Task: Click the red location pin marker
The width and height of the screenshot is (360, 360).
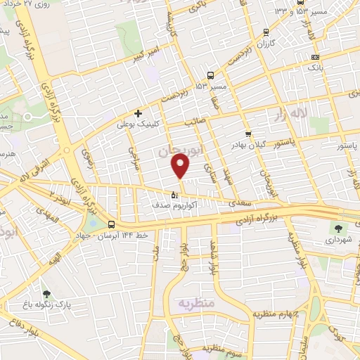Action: coord(181,167)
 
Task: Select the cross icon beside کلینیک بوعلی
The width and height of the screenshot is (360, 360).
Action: coord(138,112)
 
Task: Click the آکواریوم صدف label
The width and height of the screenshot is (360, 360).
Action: coord(174,206)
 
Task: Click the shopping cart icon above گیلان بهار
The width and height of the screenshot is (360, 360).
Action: coord(247,134)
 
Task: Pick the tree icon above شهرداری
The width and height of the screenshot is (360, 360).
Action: coord(337,228)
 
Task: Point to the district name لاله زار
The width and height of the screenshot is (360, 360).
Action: coord(310,112)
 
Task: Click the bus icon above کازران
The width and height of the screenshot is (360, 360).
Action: coord(265,32)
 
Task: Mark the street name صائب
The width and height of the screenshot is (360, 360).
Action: coord(194,121)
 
